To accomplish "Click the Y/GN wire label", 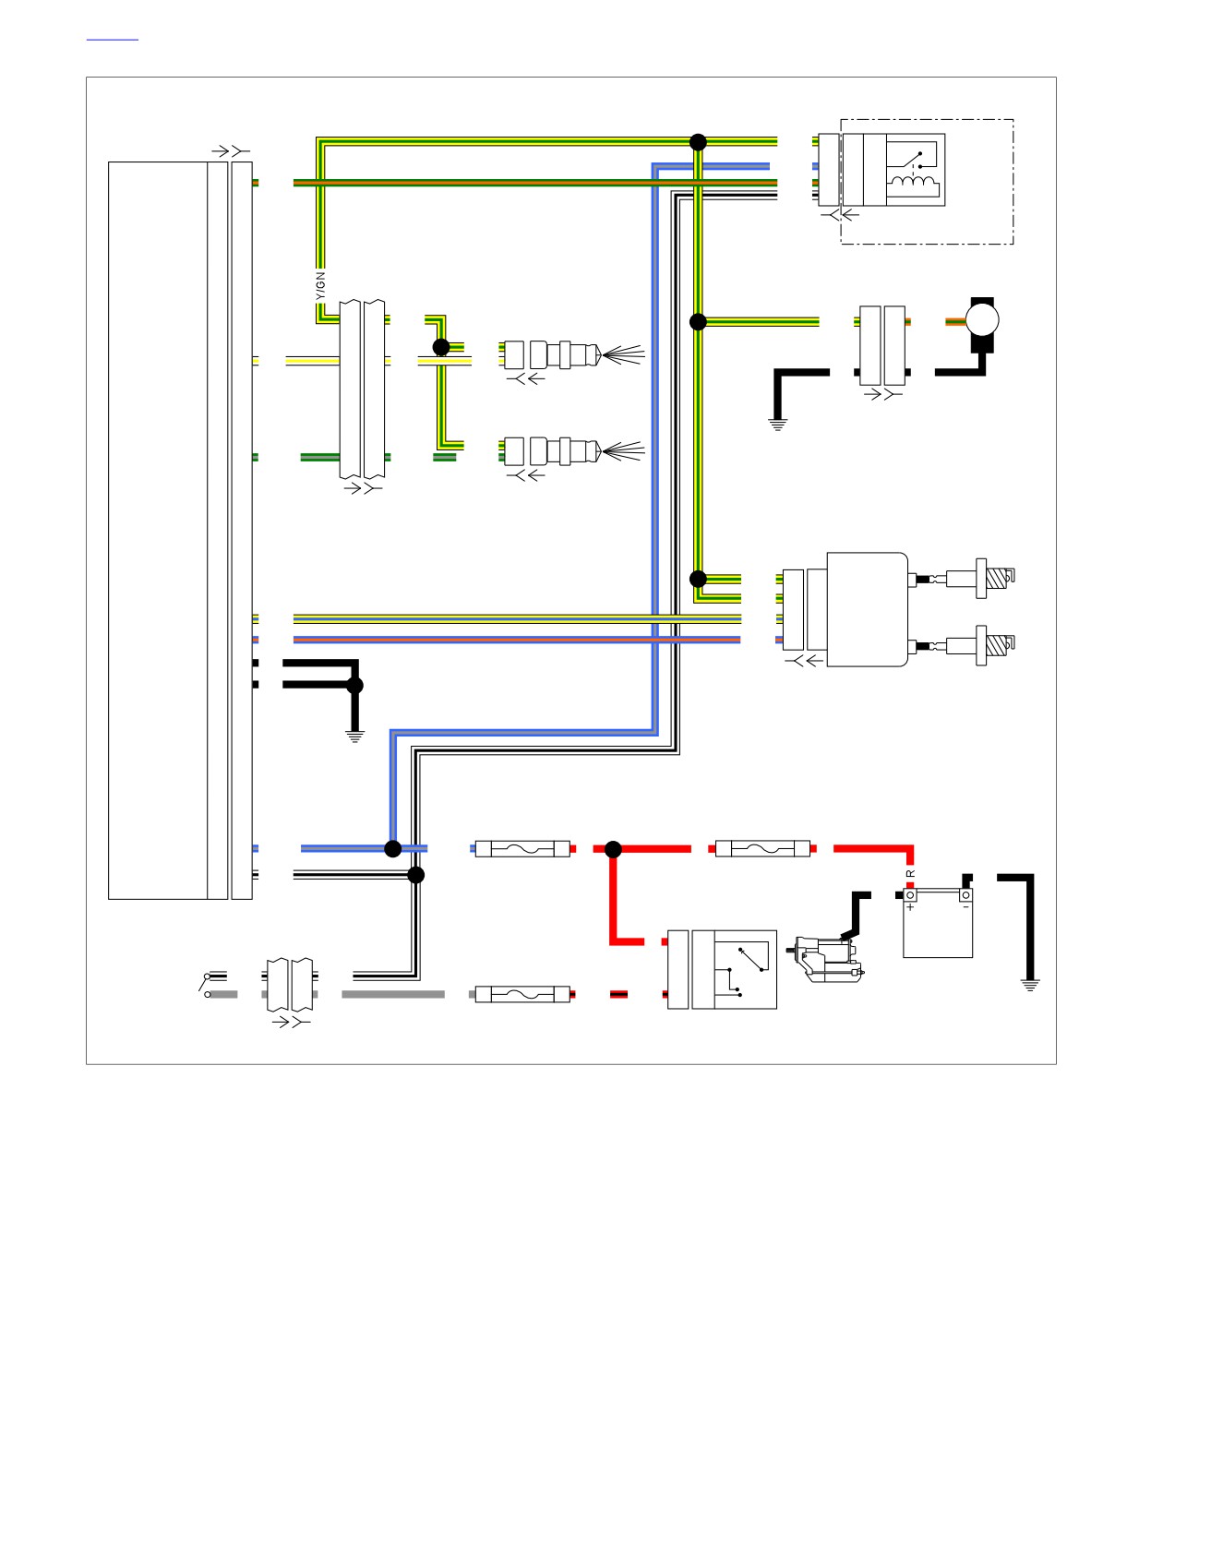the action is click(x=320, y=285).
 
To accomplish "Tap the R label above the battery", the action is click(x=910, y=873).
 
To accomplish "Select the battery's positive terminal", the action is click(x=910, y=894).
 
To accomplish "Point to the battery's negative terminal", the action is click(x=965, y=894).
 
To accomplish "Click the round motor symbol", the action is click(x=982, y=321).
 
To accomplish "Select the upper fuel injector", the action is click(x=572, y=354).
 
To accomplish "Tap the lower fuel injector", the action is click(x=572, y=451).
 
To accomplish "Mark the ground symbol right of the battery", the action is click(x=1029, y=985).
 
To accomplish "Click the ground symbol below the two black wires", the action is click(x=354, y=736).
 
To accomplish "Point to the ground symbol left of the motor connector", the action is click(x=778, y=425).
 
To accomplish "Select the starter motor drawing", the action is click(x=825, y=956).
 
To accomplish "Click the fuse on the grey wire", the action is click(x=522, y=994).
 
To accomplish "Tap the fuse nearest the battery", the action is click(x=763, y=848).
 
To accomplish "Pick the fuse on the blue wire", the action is click(x=522, y=848).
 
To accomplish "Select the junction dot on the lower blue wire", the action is click(x=393, y=848).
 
